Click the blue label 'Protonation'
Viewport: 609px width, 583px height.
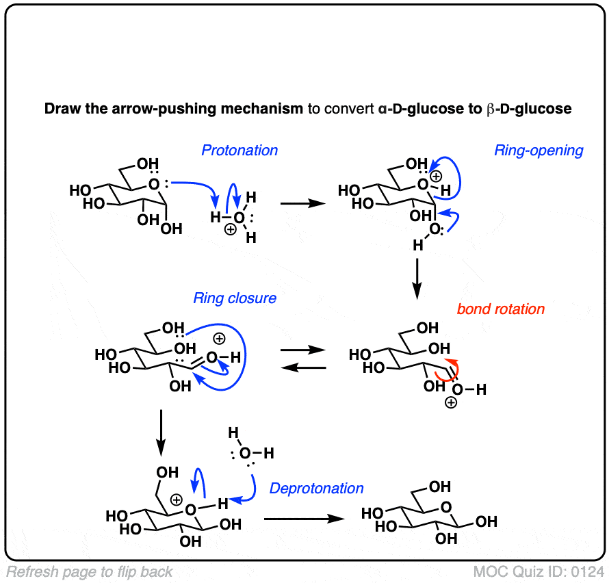(x=239, y=151)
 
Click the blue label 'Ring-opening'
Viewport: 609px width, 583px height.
(x=539, y=151)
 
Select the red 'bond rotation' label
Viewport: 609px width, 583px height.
(x=501, y=309)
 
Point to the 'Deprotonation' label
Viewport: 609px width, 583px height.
(x=316, y=488)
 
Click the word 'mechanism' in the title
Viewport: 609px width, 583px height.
(x=269, y=109)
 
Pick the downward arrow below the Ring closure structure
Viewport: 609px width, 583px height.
(x=160, y=432)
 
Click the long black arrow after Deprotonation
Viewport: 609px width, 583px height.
(x=303, y=519)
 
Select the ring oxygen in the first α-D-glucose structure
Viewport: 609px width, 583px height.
(x=155, y=184)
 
